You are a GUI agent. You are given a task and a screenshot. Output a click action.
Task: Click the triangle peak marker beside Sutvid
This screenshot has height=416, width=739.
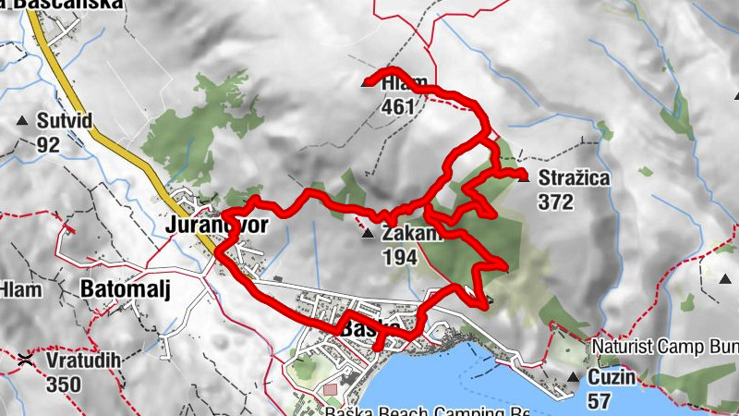pos(21,121)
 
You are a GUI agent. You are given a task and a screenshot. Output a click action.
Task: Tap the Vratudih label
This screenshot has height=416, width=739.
pos(75,358)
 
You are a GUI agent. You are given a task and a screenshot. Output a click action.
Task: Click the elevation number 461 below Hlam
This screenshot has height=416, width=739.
pos(397,106)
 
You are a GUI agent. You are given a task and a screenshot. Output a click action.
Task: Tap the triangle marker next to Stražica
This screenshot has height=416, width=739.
pos(524,177)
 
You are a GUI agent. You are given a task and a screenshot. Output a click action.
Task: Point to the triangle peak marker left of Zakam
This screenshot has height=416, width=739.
pos(368,235)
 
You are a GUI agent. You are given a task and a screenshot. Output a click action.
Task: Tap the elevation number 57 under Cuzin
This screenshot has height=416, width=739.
pos(600,400)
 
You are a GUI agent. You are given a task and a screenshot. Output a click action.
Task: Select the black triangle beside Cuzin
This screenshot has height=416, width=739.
pos(572,377)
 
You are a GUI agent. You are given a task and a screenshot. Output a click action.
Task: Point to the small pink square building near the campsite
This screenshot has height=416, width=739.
pos(330,392)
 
